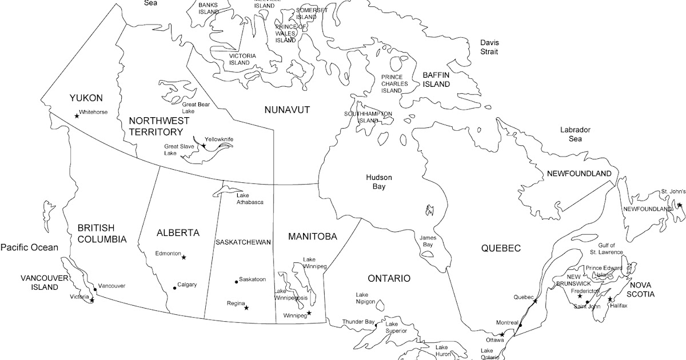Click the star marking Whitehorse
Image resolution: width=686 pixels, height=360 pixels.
77,116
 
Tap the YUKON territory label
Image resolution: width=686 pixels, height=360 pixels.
86,98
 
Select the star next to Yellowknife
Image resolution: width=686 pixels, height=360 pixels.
204,146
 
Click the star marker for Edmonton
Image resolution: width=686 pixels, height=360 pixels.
184,258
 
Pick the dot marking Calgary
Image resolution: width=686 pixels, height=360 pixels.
175,288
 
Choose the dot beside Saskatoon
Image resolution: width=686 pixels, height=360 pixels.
236,281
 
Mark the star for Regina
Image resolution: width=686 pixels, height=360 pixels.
246,308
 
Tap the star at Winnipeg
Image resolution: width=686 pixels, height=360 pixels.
309,313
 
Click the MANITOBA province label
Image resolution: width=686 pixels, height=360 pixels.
312,236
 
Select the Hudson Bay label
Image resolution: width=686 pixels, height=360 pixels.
379,182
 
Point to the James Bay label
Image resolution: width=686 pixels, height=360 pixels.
427,241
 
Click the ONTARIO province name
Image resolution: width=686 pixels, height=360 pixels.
389,278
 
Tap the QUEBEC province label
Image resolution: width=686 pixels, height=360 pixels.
501,248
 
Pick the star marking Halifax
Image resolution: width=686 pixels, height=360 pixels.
610,299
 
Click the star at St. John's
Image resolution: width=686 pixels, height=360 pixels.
680,205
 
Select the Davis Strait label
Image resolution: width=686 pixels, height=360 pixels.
489,47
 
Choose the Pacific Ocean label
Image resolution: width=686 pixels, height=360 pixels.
29,247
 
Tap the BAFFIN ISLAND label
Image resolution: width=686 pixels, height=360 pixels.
436,79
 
